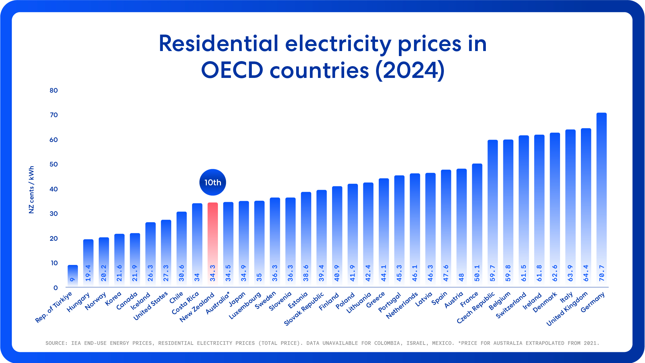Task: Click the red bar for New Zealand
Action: coord(213,235)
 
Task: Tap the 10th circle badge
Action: coord(213,182)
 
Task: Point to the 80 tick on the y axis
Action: coord(54,90)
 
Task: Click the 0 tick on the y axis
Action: coord(55,288)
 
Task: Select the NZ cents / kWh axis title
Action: coord(32,190)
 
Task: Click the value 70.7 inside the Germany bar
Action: coord(602,273)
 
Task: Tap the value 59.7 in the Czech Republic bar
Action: coord(493,273)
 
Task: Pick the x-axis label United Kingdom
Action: coord(567,309)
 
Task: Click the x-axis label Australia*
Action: coord(218,303)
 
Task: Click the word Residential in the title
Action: coord(219,44)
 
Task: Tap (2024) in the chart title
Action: coord(410,70)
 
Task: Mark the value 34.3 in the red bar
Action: coord(213,273)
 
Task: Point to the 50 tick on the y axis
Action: coord(54,165)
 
